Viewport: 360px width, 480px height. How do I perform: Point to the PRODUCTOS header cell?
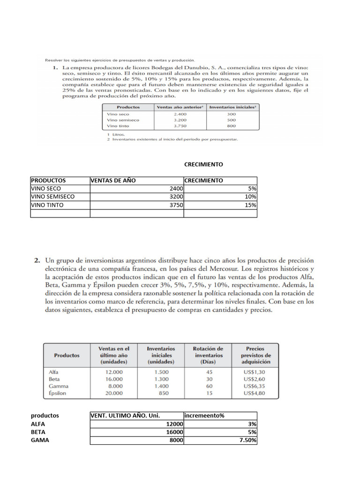(48, 180)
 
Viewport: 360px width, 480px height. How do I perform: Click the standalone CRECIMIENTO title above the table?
(203, 165)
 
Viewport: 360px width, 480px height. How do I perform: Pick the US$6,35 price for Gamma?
(255, 386)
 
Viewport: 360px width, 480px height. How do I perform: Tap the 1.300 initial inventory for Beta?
(161, 378)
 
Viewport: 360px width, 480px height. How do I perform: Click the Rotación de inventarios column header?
(209, 355)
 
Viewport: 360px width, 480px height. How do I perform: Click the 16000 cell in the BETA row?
(173, 432)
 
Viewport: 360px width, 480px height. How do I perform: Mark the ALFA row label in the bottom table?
(39, 424)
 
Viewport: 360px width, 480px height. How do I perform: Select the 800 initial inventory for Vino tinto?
(231, 126)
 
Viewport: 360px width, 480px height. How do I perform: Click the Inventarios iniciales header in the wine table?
(233, 107)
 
